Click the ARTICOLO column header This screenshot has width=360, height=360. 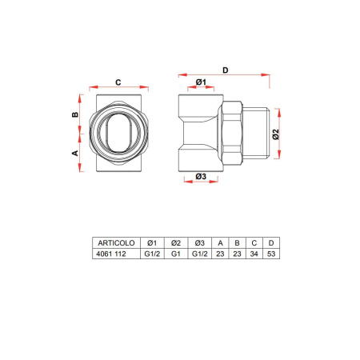(114, 242)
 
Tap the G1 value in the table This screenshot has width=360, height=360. (175, 254)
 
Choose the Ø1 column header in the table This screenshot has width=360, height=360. (152, 242)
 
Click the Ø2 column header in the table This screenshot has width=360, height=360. (175, 242)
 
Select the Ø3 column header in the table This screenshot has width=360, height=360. (199, 242)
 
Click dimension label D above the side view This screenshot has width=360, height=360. (225, 71)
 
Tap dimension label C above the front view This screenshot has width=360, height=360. (118, 81)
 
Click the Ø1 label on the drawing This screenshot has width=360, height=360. (201, 82)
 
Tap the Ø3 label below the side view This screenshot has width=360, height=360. (201, 176)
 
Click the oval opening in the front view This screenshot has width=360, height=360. (118, 134)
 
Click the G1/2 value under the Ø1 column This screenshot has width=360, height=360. (152, 254)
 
